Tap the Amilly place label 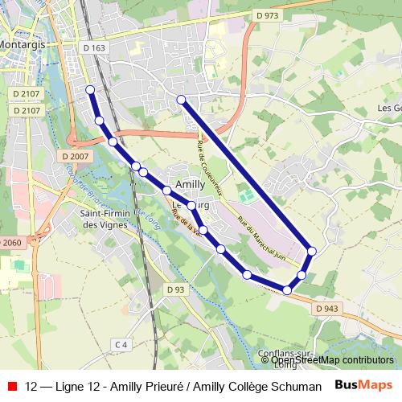190,183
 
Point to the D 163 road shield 94,48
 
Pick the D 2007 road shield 74,156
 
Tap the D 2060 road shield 10,243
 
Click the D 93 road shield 176,289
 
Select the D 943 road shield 327,308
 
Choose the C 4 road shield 121,345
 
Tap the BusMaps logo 363,385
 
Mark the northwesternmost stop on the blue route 90,89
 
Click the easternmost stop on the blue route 312,252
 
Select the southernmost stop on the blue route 287,289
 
